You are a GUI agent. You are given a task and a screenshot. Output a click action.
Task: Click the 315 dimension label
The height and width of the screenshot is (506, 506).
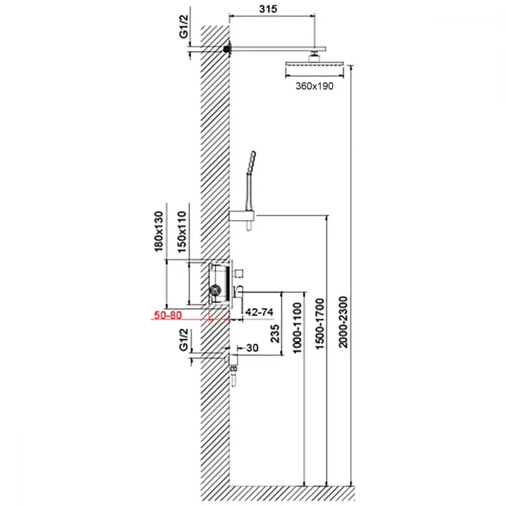coord(268,9)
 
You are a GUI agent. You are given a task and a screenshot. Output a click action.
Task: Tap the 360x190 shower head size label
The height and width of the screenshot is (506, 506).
coord(314,86)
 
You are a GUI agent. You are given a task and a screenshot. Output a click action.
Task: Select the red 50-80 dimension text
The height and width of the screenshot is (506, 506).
coord(168,315)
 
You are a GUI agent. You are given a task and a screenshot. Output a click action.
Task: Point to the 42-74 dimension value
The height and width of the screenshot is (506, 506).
coord(259,312)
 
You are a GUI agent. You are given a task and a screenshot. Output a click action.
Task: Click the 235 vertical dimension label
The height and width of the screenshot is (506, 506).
coord(275,333)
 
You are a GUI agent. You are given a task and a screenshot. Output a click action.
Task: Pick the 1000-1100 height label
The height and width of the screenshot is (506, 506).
coord(297,327)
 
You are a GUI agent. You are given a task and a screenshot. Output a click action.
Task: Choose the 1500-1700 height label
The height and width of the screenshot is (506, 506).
coord(319,324)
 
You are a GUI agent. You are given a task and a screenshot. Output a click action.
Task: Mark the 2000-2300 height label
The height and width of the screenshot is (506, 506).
coord(343,322)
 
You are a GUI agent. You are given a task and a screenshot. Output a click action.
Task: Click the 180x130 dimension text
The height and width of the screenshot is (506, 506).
coord(158,231)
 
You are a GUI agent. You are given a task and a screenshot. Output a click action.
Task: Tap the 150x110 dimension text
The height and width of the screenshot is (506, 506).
coord(182,232)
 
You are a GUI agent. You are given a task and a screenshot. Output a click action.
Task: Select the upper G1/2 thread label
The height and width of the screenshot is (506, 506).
coord(183,26)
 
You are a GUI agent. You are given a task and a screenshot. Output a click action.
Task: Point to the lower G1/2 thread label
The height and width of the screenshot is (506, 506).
coord(183,340)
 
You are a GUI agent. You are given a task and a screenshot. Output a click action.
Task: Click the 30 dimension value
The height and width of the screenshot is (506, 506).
coord(252,348)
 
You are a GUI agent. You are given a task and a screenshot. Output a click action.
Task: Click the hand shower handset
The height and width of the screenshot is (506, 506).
coord(250,180)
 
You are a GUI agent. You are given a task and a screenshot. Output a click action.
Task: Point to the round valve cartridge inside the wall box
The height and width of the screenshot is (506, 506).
coord(215,290)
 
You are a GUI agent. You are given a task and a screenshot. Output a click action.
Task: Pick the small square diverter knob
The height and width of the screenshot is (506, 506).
coord(238,273)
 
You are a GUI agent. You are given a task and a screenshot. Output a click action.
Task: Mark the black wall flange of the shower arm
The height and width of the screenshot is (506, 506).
coord(227,49)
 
